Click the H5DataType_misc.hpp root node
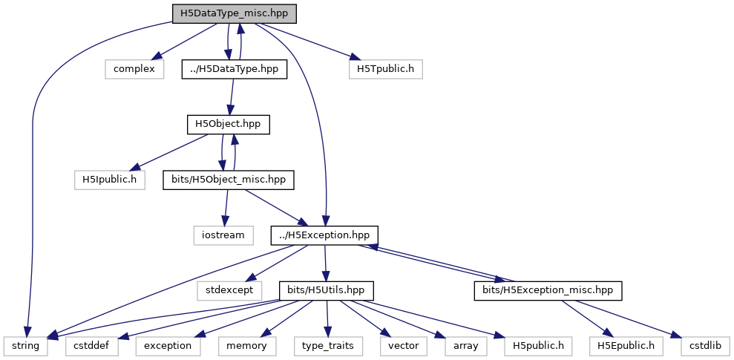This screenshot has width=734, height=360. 235,14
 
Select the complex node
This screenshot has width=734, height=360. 134,70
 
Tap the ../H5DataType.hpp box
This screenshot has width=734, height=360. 234,70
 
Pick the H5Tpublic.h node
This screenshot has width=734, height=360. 386,70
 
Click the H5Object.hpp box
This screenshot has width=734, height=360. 229,125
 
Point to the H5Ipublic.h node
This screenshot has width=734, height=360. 110,180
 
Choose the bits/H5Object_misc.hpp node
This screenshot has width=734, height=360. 229,180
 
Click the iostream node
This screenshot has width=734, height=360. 223,235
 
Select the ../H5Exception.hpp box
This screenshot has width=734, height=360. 324,235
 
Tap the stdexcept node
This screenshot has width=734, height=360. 228,291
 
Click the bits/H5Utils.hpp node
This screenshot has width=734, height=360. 327,291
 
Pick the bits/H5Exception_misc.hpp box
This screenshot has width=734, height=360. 548,291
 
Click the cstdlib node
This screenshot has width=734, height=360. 702,346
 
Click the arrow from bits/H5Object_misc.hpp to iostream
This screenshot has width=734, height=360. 226,208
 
